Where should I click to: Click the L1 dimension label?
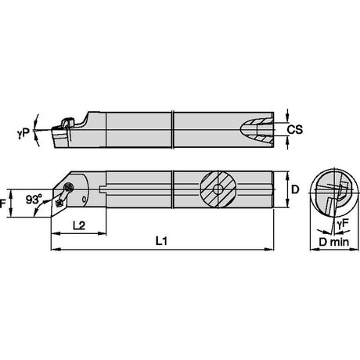pyautogui.click(x=161, y=241)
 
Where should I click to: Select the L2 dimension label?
pyautogui.click(x=79, y=225)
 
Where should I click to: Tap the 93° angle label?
pyautogui.click(x=34, y=200)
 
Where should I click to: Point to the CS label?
pyautogui.click(x=295, y=129)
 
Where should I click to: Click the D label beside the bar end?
pyautogui.click(x=295, y=189)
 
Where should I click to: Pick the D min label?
pyautogui.click(x=334, y=242)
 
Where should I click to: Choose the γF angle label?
pyautogui.click(x=342, y=223)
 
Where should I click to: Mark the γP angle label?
pyautogui.click(x=23, y=133)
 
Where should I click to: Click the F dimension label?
pyautogui.click(x=2, y=203)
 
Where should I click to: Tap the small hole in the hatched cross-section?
pyautogui.click(x=218, y=189)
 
